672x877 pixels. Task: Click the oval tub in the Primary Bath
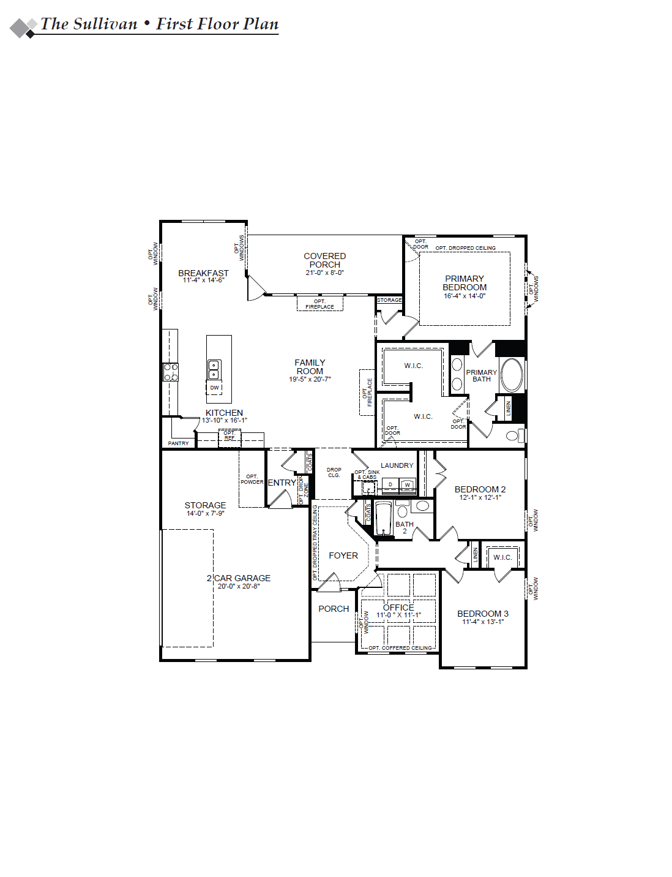pos(512,375)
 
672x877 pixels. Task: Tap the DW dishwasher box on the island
pos(214,388)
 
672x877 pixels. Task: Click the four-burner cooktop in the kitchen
pos(171,372)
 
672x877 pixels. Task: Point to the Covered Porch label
pos(324,260)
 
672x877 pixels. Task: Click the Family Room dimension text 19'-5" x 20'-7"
pos(310,379)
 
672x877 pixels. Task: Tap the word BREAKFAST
pos(203,273)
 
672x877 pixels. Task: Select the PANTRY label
pos(178,443)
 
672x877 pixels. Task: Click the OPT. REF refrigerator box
pos(230,438)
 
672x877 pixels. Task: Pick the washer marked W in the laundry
pos(408,484)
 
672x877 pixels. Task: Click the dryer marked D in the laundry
pos(390,484)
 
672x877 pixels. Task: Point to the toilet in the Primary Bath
pos(515,435)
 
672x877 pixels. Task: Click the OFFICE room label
pos(398,608)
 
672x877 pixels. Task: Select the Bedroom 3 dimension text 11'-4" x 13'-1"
pos(483,622)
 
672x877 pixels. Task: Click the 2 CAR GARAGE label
pos(238,578)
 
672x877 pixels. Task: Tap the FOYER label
pos(343,555)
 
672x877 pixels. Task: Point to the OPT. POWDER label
pos(252,480)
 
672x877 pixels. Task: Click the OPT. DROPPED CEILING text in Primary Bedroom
pos(466,248)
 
